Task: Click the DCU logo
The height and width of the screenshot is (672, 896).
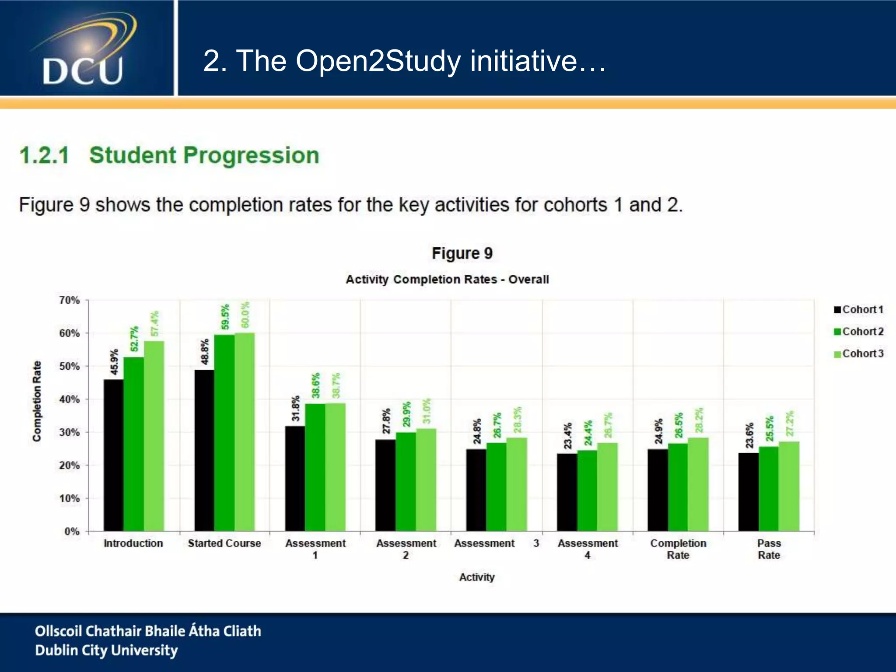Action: (x=83, y=50)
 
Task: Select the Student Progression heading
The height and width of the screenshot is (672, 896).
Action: (x=204, y=155)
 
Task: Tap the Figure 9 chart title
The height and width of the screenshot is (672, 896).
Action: (x=462, y=253)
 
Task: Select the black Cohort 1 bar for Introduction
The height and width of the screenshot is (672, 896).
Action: (x=113, y=455)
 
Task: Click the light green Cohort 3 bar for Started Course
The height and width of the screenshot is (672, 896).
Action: (x=245, y=432)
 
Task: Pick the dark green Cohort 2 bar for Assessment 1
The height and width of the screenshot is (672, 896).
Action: (x=315, y=467)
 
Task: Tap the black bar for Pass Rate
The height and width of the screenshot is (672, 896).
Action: (x=748, y=492)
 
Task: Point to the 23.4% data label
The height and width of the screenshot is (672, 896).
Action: (x=567, y=436)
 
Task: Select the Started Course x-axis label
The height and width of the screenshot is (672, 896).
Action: (x=224, y=543)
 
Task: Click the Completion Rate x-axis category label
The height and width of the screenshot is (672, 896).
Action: (x=678, y=549)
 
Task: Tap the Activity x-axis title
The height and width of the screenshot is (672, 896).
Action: (x=476, y=577)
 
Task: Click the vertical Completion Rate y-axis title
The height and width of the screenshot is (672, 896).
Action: (x=37, y=401)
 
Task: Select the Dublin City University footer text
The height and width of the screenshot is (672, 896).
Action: (x=106, y=651)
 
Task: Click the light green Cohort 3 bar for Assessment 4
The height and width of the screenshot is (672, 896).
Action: (x=607, y=486)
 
